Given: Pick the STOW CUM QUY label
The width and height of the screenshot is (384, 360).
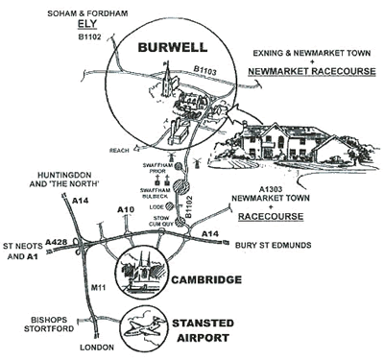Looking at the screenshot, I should [x=156, y=224].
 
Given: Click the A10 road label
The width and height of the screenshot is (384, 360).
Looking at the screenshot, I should [x=124, y=208].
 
